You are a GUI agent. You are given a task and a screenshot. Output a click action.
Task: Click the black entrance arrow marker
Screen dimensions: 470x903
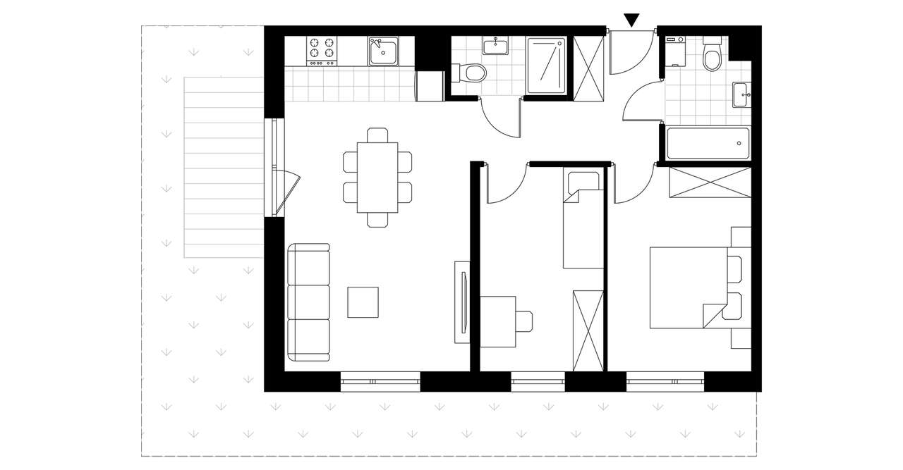(632, 20)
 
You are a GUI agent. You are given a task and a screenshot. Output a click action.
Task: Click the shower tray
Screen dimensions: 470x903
(547, 65)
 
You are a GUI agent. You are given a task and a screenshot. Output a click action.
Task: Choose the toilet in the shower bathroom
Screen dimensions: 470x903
(473, 73)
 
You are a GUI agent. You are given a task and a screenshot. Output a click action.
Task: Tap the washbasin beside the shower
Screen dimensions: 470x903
(496, 47)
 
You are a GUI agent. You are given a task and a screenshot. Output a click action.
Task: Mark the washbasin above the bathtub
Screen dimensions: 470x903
(741, 94)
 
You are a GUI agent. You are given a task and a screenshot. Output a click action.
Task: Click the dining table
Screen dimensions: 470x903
(377, 178)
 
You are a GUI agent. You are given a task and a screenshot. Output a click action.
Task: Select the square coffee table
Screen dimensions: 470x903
(363, 302)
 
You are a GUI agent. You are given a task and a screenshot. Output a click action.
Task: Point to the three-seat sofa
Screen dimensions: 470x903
(309, 302)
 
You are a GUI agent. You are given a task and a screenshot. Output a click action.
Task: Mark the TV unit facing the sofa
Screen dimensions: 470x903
(462, 302)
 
